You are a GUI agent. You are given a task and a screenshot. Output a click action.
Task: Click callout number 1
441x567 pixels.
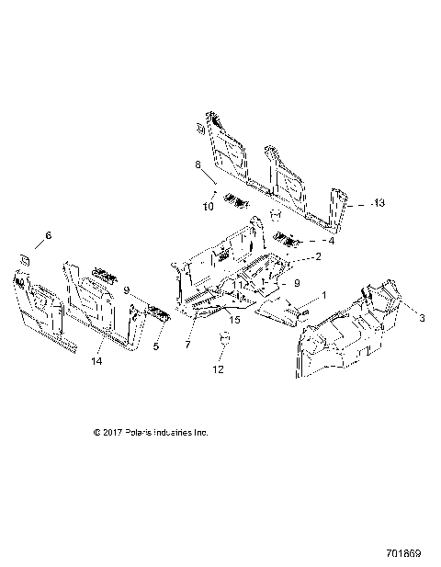click(322, 297)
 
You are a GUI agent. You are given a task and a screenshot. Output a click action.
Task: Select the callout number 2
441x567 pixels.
click(318, 256)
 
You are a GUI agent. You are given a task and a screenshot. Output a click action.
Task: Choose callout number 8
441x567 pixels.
click(197, 165)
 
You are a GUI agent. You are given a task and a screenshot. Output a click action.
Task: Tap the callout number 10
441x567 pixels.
click(208, 207)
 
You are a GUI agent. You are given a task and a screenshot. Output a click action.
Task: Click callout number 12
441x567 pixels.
click(218, 370)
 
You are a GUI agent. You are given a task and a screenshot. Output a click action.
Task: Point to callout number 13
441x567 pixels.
click(380, 203)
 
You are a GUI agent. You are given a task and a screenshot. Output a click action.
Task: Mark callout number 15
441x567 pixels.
click(234, 319)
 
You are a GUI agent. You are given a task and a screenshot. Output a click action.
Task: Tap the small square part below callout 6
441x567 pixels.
click(25, 262)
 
